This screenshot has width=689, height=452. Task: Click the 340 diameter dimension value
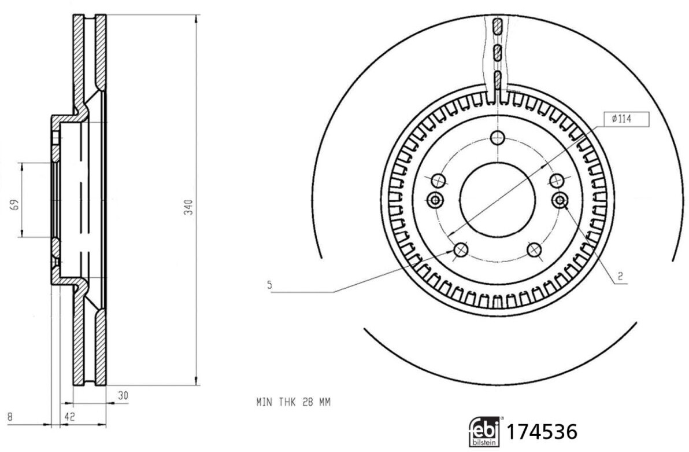click(x=188, y=208)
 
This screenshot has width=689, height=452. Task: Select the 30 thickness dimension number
click(x=123, y=396)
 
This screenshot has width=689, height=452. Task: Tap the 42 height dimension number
click(x=69, y=416)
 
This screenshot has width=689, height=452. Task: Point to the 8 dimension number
click(x=9, y=416)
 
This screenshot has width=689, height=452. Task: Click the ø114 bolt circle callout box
click(x=625, y=119)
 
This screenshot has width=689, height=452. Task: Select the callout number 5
click(x=269, y=284)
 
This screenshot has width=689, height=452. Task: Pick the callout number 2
click(x=620, y=276)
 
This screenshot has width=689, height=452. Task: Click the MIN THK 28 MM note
click(x=293, y=402)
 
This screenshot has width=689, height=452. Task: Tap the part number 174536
click(x=542, y=432)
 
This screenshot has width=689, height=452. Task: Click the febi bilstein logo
click(x=484, y=432)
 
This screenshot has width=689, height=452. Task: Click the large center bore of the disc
click(x=497, y=200)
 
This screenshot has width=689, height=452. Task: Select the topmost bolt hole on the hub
click(x=497, y=138)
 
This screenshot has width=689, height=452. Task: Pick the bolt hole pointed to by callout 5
click(x=461, y=250)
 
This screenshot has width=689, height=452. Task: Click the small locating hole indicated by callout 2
click(x=560, y=200)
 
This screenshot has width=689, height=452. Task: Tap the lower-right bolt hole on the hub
click(x=534, y=250)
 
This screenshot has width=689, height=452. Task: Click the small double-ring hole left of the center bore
click(x=435, y=200)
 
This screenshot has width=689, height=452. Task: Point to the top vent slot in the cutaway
click(x=497, y=26)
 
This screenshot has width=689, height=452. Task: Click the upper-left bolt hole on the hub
click(x=439, y=180)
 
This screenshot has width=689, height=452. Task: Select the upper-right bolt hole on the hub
click(x=556, y=180)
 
